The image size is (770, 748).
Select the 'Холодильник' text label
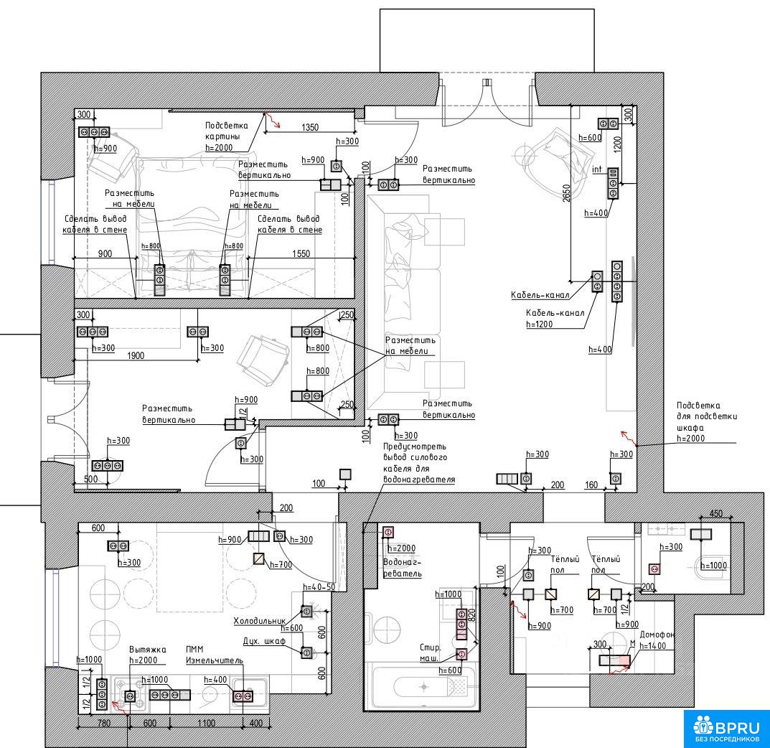259,621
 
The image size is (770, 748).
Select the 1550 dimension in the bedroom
301,253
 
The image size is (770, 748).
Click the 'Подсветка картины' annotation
226,136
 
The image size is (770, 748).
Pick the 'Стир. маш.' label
430,652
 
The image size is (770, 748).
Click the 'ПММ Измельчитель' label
215,654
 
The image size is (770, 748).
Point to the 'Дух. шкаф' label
265,640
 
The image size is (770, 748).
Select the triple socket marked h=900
95,133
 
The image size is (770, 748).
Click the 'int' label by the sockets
596,169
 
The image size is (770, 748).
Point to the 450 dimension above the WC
715,514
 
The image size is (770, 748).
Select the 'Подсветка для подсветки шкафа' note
707,421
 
